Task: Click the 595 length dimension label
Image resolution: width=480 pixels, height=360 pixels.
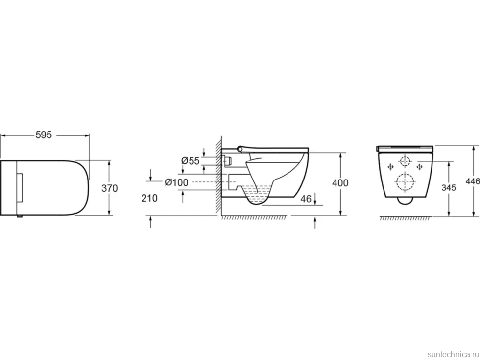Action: (x=44, y=135)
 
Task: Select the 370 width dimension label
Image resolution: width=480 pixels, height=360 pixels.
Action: (x=109, y=188)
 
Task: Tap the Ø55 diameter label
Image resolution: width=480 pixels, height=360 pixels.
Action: (x=190, y=161)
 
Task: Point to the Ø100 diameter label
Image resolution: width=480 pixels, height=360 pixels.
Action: (x=177, y=182)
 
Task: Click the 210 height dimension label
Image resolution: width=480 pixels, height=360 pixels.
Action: (x=149, y=198)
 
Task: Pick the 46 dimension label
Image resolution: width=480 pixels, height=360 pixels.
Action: (x=306, y=199)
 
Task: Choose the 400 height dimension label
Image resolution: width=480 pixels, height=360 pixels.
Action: (x=340, y=183)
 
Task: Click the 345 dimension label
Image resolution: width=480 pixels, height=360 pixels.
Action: (x=449, y=188)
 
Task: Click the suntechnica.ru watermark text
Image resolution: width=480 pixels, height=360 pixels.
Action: (x=453, y=354)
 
